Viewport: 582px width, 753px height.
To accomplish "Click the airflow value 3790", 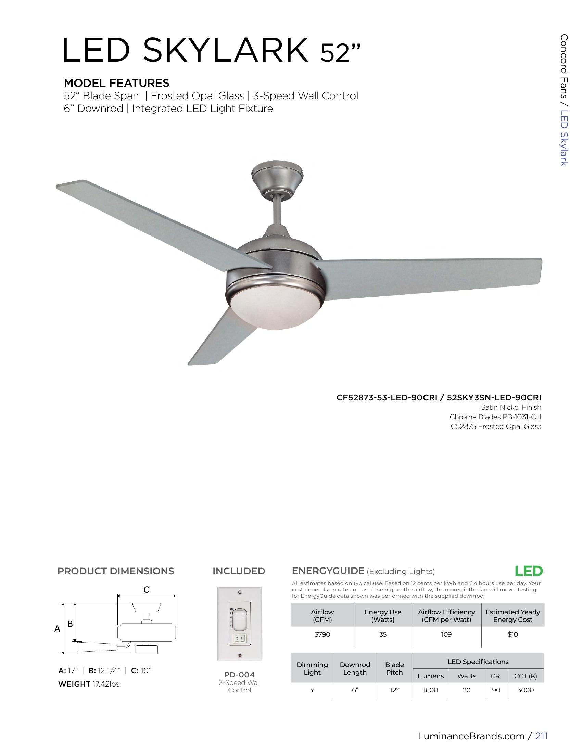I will tap(322, 634).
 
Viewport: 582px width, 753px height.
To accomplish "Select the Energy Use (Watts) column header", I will tap(383, 615).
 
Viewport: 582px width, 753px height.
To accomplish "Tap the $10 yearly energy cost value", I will tap(513, 634).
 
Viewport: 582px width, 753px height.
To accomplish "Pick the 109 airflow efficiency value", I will tap(446, 634).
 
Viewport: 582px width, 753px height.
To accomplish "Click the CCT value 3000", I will tap(525, 690).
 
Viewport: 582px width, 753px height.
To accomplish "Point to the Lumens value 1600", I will tap(430, 690).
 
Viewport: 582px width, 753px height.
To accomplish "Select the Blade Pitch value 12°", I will tap(394, 690).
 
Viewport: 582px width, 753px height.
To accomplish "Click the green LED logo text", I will tap(529, 571).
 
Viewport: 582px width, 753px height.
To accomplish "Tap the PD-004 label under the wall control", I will tap(239, 675).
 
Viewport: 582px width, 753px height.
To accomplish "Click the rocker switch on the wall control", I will tap(240, 639).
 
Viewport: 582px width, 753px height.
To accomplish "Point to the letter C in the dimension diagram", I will tap(147, 590).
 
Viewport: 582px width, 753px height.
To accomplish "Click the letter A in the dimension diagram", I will tap(57, 629).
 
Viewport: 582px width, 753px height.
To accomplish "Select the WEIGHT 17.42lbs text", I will tap(89, 684).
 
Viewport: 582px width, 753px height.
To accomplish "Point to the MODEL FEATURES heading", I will tap(116, 83).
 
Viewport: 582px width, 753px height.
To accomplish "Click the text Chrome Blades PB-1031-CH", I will tap(495, 417).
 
